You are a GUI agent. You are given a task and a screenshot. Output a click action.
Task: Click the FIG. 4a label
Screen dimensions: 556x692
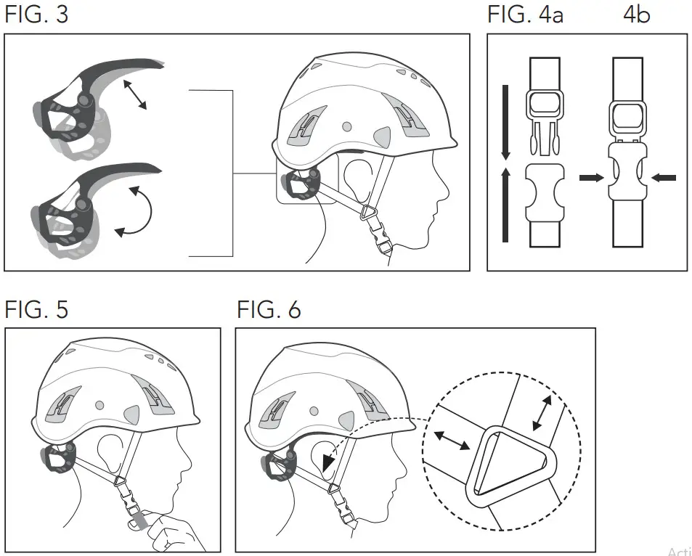coord(524,15)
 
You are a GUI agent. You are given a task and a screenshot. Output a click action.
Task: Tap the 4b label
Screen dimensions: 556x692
coord(636,15)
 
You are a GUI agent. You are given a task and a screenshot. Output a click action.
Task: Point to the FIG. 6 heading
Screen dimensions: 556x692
coord(269,310)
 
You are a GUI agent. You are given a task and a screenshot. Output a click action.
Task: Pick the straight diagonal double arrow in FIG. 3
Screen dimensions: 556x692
coord(134,95)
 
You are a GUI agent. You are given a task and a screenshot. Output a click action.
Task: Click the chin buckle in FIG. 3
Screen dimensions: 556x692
coord(379,232)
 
